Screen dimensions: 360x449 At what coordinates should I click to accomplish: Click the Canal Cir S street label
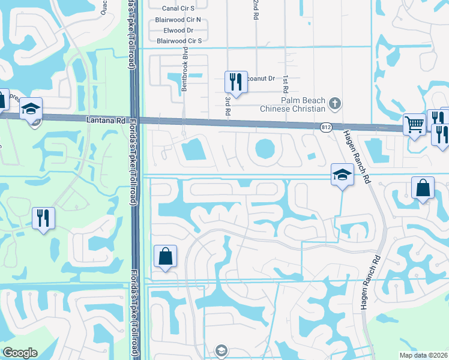178,8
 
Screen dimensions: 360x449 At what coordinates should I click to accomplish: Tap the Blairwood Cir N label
178,19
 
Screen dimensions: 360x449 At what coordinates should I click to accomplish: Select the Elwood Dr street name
178,30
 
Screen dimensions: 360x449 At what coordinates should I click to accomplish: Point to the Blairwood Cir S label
178,41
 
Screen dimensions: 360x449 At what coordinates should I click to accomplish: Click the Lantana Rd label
106,120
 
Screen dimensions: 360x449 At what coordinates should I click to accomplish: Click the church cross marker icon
335,104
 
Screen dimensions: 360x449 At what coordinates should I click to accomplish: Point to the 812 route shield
326,127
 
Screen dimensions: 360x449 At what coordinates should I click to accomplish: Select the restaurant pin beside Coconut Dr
236,82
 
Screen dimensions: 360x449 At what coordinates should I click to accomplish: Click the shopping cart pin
414,125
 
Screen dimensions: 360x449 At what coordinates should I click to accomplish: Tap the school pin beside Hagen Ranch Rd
342,175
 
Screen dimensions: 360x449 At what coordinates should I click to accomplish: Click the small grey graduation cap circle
221,350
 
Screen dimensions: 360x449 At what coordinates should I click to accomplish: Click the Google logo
20,353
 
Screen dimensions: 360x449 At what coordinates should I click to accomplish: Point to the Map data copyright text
423,355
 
